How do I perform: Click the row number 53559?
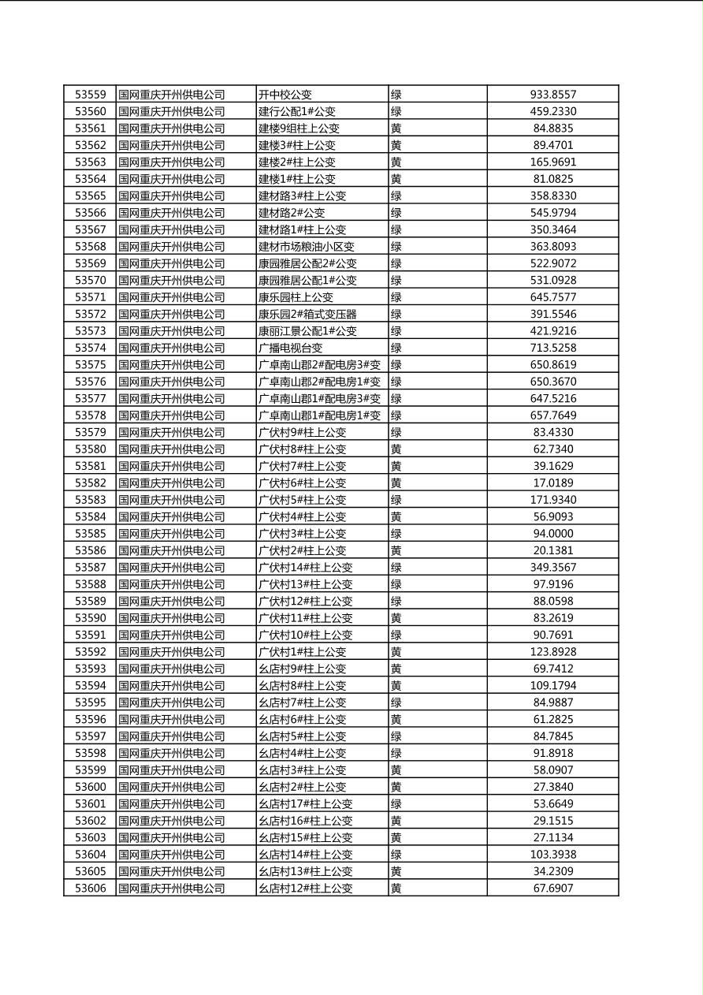[x=90, y=95]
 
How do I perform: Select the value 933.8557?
[x=552, y=95]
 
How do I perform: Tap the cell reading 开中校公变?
[x=285, y=95]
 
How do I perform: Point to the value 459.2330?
[x=552, y=112]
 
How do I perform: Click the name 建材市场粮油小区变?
[x=307, y=247]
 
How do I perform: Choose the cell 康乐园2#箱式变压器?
[x=307, y=314]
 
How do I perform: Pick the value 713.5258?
[x=552, y=348]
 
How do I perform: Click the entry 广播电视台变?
[x=291, y=348]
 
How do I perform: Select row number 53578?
[x=90, y=416]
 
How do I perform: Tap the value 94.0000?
[x=552, y=534]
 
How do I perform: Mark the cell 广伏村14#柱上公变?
[x=306, y=568]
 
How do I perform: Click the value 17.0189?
[x=552, y=483]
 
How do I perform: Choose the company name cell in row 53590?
[x=172, y=618]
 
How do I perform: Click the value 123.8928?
[x=552, y=652]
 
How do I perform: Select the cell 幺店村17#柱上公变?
[x=306, y=804]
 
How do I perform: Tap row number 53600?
[x=90, y=787]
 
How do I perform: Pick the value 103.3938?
[x=552, y=855]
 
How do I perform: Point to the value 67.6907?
[x=552, y=889]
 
